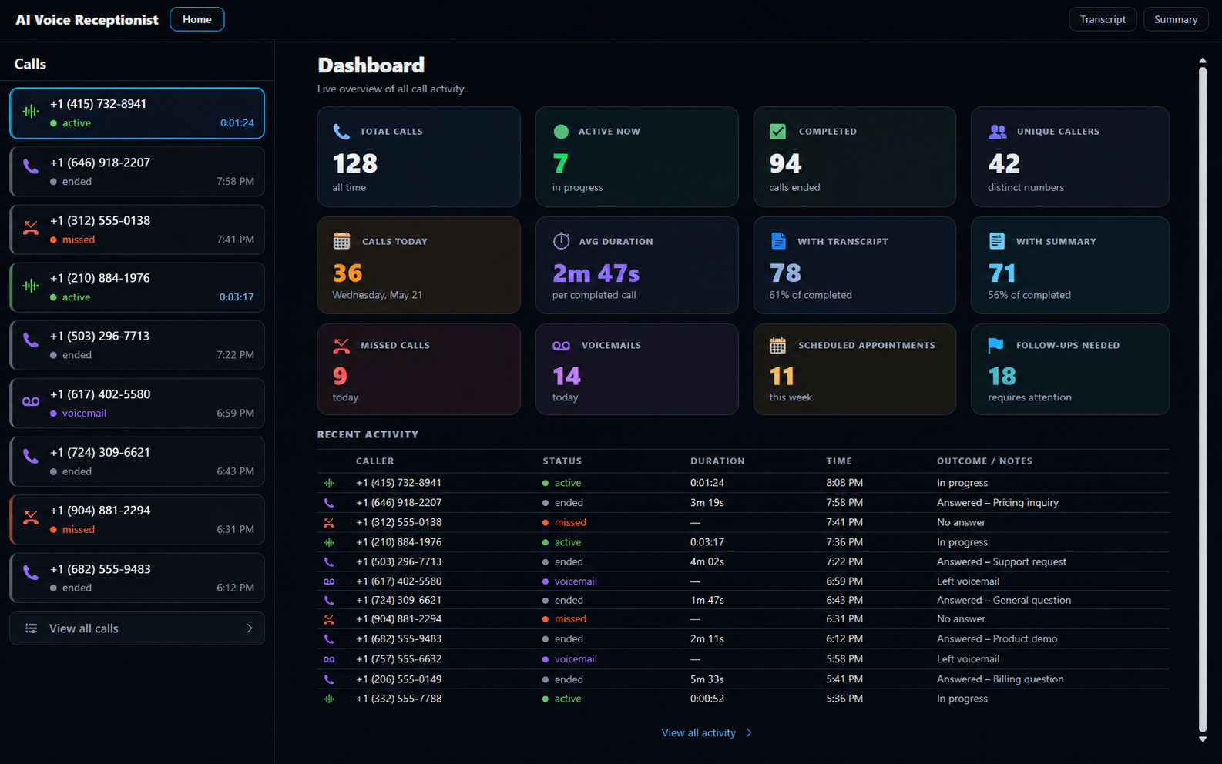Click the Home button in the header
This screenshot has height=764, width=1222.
197,19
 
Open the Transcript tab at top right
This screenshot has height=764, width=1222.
1103,19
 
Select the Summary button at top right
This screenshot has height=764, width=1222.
1176,19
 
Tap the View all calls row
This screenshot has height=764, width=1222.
137,628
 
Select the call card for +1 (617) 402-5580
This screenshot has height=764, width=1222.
137,403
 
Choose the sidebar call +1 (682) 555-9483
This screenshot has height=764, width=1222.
137,578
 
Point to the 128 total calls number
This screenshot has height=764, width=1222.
355,163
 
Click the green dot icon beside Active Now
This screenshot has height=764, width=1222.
561,132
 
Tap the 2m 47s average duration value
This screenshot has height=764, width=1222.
596,273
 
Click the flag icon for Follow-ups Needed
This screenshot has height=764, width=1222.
995,345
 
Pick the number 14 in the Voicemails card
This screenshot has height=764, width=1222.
566,376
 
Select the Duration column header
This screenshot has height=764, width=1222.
717,461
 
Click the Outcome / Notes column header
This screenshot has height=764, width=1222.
985,461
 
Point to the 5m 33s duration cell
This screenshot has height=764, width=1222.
707,679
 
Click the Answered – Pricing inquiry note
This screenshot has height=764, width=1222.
997,502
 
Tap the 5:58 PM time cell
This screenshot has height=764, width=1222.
844,658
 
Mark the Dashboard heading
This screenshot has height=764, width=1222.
371,65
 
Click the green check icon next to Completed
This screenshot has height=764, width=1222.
777,132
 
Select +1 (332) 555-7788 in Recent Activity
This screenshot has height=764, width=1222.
399,699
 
